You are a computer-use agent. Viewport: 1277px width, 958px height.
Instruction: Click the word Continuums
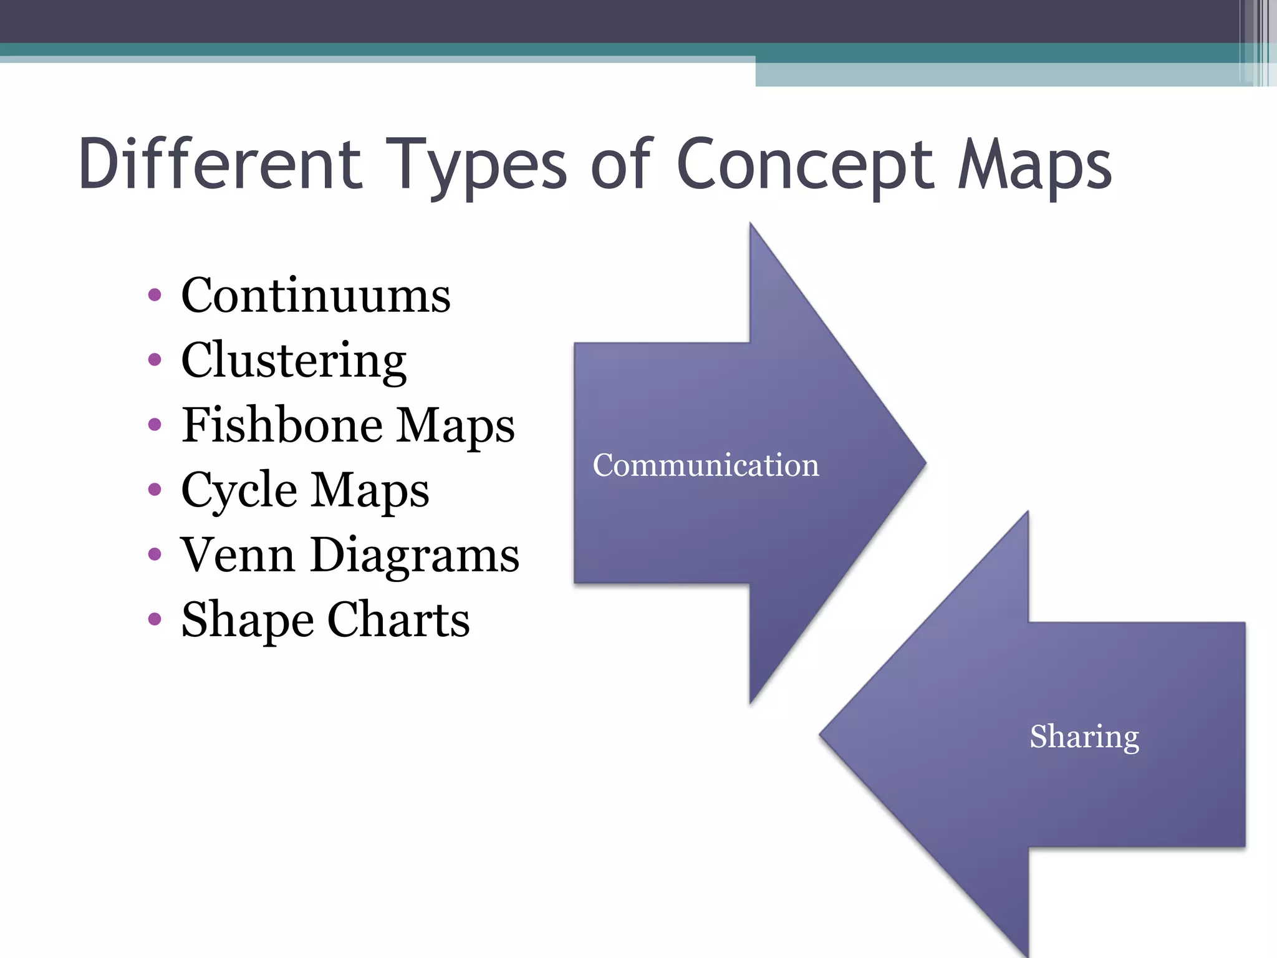pyautogui.click(x=316, y=295)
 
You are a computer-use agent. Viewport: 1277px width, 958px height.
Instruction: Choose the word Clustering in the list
pyautogui.click(x=294, y=361)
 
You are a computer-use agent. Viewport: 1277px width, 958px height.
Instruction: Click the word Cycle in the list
pyautogui.click(x=239, y=491)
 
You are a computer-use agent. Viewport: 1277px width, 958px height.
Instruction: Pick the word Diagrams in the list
pyautogui.click(x=415, y=556)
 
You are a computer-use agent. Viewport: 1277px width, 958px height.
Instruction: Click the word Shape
pyautogui.click(x=248, y=621)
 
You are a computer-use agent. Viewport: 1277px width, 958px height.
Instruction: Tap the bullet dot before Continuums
pyautogui.click(x=155, y=295)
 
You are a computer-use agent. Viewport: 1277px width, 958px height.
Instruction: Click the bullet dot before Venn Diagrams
pyautogui.click(x=155, y=554)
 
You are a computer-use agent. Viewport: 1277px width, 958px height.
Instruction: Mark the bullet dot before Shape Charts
pyautogui.click(x=155, y=619)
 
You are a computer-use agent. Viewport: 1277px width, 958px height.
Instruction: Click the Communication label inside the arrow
pyautogui.click(x=706, y=465)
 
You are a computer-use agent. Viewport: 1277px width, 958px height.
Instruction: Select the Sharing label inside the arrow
pyautogui.click(x=1084, y=737)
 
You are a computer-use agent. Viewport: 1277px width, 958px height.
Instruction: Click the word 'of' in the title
pyautogui.click(x=621, y=164)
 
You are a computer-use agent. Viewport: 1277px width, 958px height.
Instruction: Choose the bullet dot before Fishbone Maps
pyautogui.click(x=155, y=425)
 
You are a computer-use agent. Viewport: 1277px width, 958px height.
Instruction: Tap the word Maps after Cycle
pyautogui.click(x=370, y=491)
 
